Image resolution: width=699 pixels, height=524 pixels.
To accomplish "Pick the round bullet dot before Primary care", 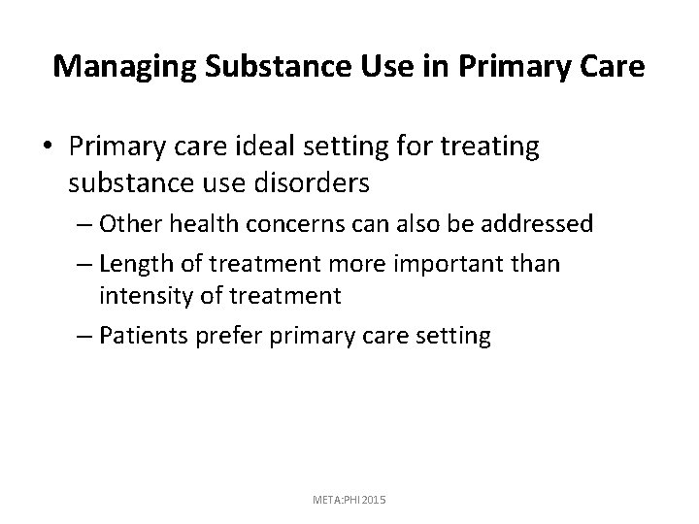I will click(x=49, y=148).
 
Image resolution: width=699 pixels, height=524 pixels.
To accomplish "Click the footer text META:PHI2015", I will click(x=349, y=499).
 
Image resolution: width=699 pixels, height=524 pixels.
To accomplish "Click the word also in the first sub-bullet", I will click(x=404, y=223).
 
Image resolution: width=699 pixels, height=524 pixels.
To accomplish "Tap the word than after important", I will click(x=538, y=264).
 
